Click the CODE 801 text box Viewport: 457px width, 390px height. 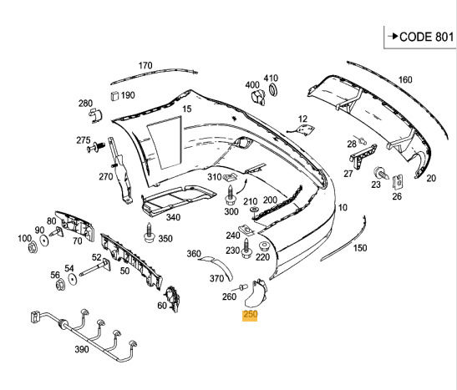pyautogui.click(x=419, y=37)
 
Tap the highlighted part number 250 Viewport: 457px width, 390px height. pyautogui.click(x=250, y=315)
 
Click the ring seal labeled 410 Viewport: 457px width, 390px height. pyautogui.click(x=273, y=89)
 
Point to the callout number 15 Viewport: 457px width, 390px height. pyautogui.click(x=187, y=109)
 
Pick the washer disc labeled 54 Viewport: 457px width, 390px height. pyautogui.click(x=71, y=279)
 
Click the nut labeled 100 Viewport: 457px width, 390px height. pyautogui.click(x=33, y=247)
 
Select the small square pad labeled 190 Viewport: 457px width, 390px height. pyautogui.click(x=114, y=95)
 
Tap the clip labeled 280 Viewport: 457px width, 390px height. pyautogui.click(x=95, y=115)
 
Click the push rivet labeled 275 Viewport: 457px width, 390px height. pyautogui.click(x=96, y=147)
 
